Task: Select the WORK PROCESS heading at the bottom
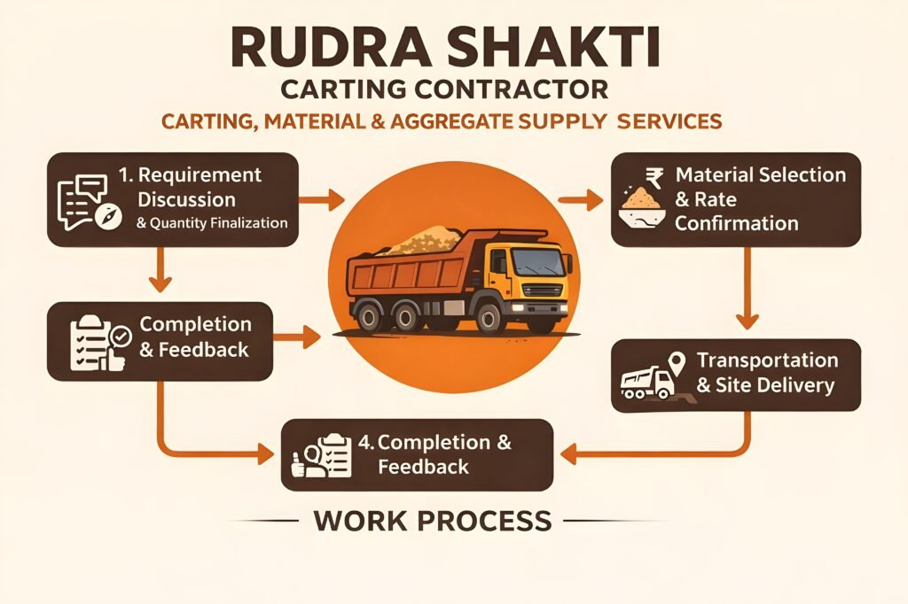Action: tap(433, 520)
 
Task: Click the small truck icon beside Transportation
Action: tap(645, 383)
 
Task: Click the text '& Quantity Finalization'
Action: tap(213, 223)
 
